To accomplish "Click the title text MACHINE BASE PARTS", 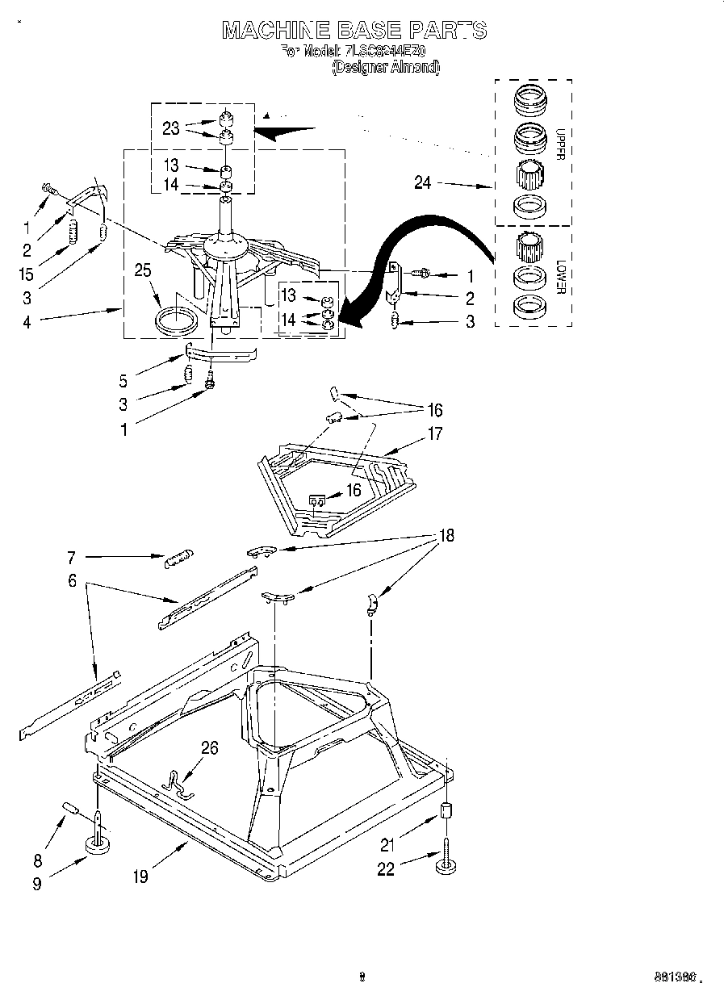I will pyautogui.click(x=354, y=31).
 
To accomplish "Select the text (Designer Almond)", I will pyautogui.click(x=386, y=69).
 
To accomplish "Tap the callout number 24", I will pyautogui.click(x=423, y=183).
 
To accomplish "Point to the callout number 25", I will pyautogui.click(x=143, y=273).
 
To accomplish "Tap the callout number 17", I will pyautogui.click(x=435, y=434).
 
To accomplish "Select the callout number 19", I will pyautogui.click(x=140, y=877).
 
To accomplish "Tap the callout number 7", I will pyautogui.click(x=71, y=557).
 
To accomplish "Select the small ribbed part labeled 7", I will pyautogui.click(x=178, y=559).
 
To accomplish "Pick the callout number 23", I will pyautogui.click(x=171, y=128).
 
